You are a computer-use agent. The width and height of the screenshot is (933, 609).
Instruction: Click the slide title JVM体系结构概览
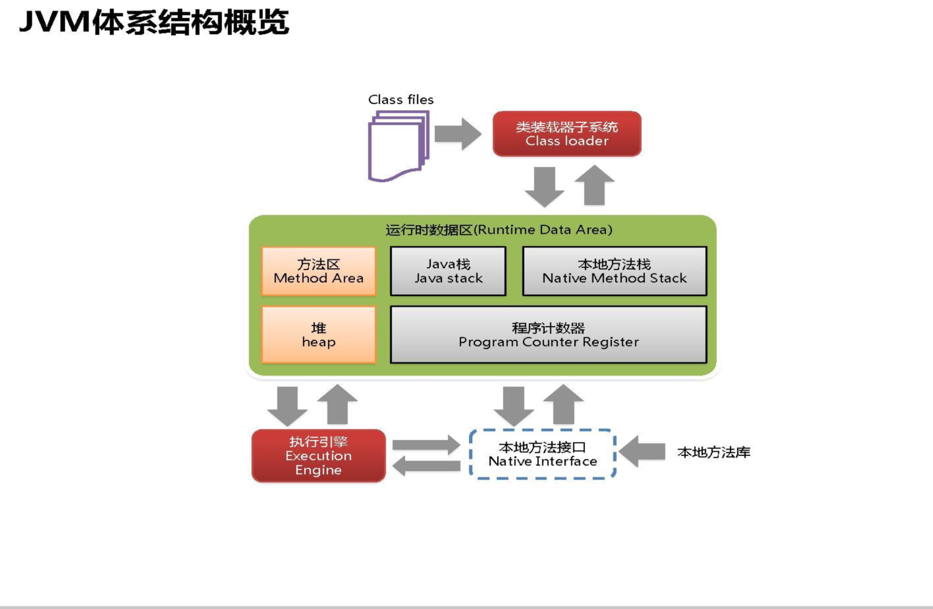[x=154, y=23]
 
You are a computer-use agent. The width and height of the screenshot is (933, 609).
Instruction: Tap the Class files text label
[x=401, y=100]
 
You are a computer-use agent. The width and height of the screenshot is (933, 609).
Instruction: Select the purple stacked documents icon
[x=398, y=146]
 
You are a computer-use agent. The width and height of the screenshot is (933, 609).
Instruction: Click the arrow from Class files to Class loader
[x=458, y=134]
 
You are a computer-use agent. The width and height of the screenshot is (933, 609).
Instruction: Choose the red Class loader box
[x=567, y=134]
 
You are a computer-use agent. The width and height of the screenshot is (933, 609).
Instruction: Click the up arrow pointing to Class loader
[x=595, y=185]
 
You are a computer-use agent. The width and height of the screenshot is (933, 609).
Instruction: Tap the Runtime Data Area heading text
[x=499, y=230]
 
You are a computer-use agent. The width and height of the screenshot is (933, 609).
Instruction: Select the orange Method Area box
[x=319, y=271]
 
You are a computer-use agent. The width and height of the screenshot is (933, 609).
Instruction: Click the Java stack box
[x=448, y=271]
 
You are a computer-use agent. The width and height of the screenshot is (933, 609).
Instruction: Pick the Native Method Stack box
[x=614, y=271]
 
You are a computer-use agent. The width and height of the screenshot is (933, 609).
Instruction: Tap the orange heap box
[x=319, y=335]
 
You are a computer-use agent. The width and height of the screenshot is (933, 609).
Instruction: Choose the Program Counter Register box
[x=548, y=335]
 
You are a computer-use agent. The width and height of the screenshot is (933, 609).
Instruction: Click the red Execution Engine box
[x=319, y=456]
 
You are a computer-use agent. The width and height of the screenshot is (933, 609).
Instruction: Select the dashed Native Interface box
[x=543, y=454]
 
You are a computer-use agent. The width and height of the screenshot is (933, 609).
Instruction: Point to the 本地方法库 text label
[x=714, y=453]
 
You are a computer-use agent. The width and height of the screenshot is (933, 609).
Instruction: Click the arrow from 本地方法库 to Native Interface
[x=642, y=451]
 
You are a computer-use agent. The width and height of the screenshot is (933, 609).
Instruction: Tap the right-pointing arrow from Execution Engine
[x=426, y=445]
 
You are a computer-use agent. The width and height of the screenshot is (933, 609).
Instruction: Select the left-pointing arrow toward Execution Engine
[x=426, y=466]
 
